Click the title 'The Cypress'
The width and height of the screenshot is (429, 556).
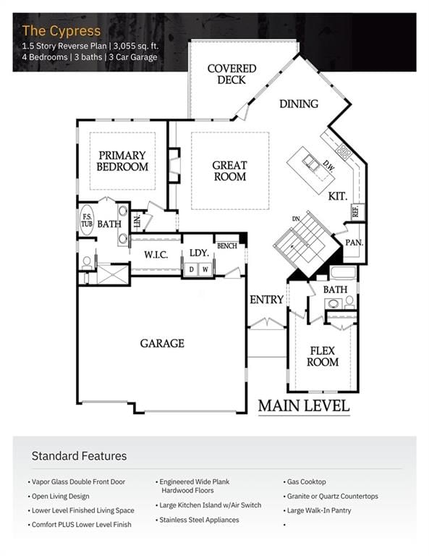tap(61, 31)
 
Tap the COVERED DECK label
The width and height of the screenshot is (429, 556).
tap(232, 74)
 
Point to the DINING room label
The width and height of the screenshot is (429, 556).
tap(299, 104)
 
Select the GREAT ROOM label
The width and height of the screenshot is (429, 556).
tap(229, 171)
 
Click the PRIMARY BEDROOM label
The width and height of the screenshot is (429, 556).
tap(122, 161)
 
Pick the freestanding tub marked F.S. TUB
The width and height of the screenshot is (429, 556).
tap(87, 221)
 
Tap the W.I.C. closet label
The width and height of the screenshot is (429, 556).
tap(156, 255)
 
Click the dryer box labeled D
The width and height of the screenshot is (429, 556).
tap(191, 269)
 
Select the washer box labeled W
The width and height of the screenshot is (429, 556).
tap(205, 269)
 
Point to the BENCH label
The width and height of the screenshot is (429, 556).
tap(227, 245)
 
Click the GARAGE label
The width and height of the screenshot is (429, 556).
tap(162, 343)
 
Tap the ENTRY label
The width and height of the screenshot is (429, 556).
tap(266, 300)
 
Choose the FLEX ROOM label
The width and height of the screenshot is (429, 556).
tap(323, 356)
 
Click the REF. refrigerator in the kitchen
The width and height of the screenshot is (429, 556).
tap(356, 211)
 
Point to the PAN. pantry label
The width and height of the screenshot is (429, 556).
tap(354, 243)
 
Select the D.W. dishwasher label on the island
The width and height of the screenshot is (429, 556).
tap(328, 166)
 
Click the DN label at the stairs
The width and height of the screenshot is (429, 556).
tap(296, 219)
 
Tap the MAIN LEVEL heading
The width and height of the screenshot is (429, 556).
tap(304, 406)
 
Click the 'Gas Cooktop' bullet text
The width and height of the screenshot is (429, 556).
tap(307, 482)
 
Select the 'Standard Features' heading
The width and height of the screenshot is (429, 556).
tap(79, 456)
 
